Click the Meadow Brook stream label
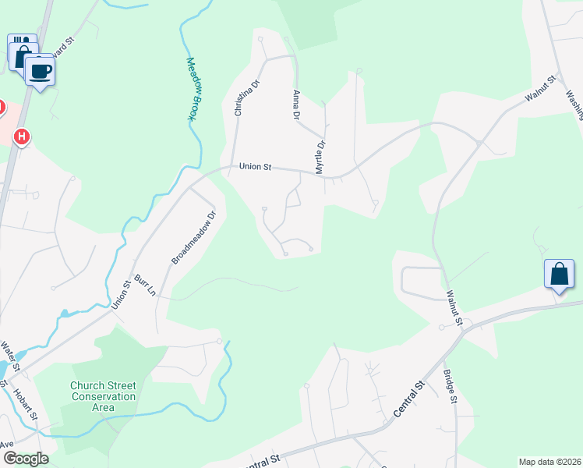[189, 89]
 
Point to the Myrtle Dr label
[319, 156]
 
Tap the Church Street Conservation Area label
[103, 396]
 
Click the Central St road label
[409, 398]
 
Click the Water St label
[11, 356]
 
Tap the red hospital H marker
[23, 137]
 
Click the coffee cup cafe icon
[40, 71]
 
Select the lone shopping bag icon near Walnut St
[559, 275]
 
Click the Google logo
[26, 459]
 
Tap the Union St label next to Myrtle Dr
[255, 166]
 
